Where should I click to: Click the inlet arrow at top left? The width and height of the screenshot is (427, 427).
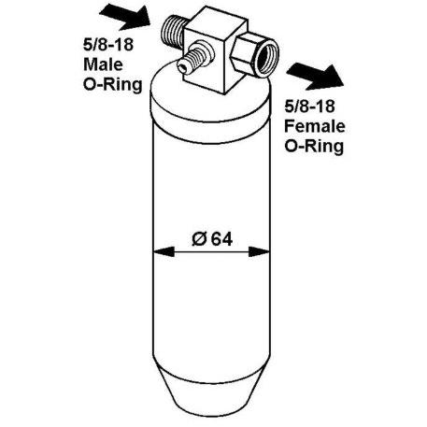tap(125, 17)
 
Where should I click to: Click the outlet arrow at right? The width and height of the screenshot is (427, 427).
tap(315, 77)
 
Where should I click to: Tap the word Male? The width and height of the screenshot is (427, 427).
tap(103, 64)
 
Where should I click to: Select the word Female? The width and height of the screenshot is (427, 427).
tap(315, 126)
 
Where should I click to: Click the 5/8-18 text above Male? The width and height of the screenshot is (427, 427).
tap(108, 45)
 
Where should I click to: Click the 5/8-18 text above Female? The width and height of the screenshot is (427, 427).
tap(309, 107)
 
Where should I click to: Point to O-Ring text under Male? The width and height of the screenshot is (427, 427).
tap(113, 85)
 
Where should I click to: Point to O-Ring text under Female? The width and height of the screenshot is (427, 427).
tap(314, 147)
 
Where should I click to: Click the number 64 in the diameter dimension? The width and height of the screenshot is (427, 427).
tap(221, 239)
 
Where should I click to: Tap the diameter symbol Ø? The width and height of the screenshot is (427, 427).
tap(199, 239)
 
